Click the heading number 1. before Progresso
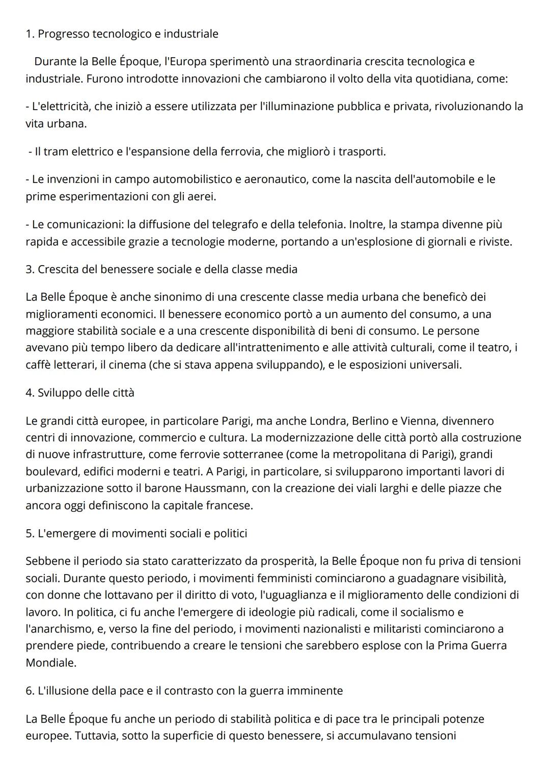click(x=30, y=34)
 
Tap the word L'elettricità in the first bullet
click(x=58, y=107)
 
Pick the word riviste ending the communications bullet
click(x=494, y=242)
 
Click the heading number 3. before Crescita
click(x=30, y=269)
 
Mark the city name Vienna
click(x=419, y=421)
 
